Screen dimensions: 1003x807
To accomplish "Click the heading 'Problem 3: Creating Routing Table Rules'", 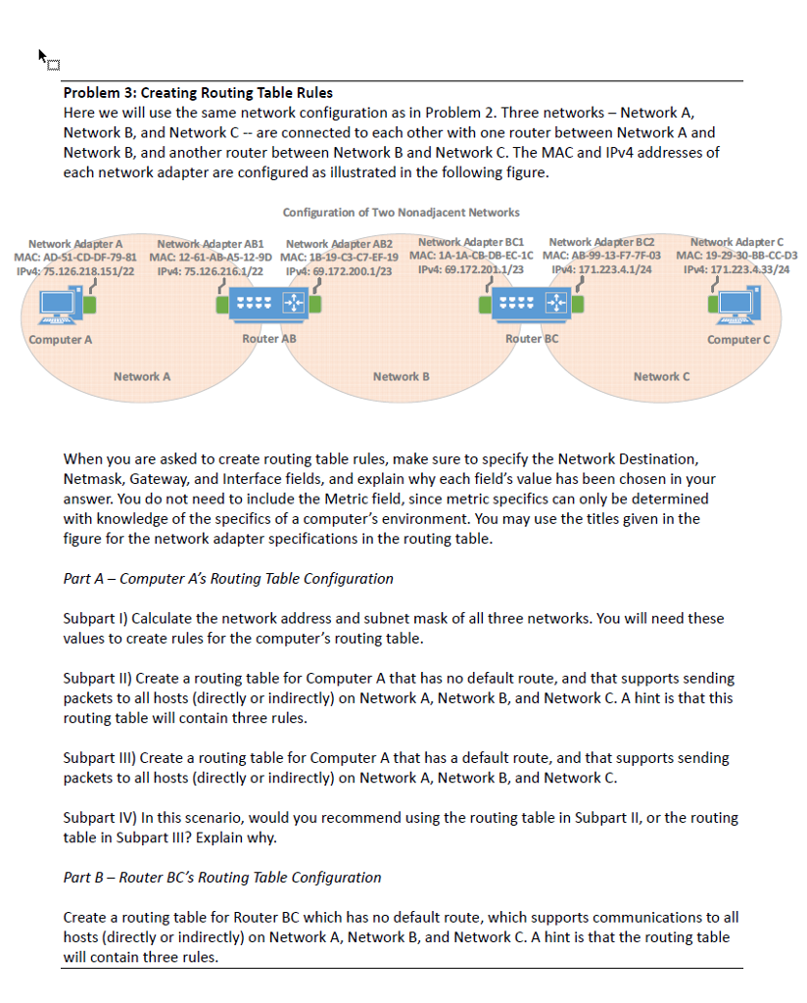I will pos(198,93).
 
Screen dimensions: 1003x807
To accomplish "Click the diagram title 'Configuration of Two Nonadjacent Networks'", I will pos(401,213).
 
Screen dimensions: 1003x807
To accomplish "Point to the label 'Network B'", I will pos(401,376).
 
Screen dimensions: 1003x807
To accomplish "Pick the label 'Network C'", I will pos(661,376).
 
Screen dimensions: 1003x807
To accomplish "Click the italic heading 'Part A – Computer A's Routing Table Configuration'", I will pos(228,578).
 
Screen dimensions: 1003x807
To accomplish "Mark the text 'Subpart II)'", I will pos(97,678).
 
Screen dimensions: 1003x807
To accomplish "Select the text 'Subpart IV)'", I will pos(98,817).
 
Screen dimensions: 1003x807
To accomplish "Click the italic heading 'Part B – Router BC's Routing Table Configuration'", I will pos(222,877).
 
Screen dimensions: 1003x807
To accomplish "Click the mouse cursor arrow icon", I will pos(44,58).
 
